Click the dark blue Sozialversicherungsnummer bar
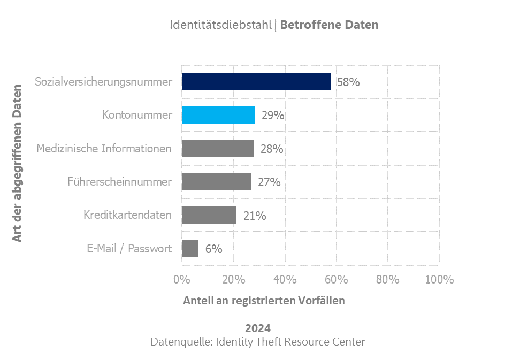coord(256,82)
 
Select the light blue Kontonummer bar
coord(218,115)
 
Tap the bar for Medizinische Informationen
coord(218,149)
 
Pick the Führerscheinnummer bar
coord(216,182)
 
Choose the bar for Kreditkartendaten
coord(209,215)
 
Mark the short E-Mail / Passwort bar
coord(190,249)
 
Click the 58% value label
coord(348,82)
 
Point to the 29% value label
coord(273,116)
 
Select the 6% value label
coord(213,249)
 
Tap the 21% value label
coord(255,216)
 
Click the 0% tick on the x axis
coord(182,279)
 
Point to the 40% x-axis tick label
coord(285,279)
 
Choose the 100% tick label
coord(439,279)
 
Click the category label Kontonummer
coord(137,115)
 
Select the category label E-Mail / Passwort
coord(129,249)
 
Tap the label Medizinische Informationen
coord(104,149)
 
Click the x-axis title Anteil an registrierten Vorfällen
coord(264,301)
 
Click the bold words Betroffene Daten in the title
coord(329,25)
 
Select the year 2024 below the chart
coord(258,328)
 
